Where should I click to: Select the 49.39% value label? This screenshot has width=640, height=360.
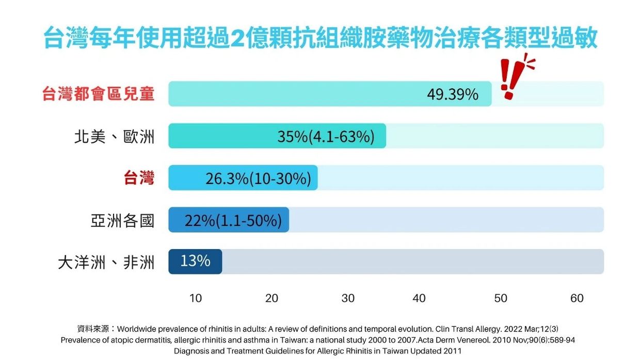pos(453,94)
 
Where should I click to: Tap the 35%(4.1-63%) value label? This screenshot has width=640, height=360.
pos(326,136)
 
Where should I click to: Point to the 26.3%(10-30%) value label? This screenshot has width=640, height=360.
pos(258,178)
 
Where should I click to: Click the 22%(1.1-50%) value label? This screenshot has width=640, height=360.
pos(233,220)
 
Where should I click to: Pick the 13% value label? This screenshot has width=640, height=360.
pos(195,261)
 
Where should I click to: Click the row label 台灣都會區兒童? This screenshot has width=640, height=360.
pos(98,94)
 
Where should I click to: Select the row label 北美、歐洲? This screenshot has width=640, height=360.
pos(114,137)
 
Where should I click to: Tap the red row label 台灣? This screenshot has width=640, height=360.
pos(139,178)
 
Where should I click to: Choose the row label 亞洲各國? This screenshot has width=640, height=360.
pos(122,221)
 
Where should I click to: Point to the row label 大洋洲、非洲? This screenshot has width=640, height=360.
pos(106,262)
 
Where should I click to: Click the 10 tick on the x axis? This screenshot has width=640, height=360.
pos(196,298)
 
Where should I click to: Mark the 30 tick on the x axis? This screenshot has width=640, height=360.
pos(348,298)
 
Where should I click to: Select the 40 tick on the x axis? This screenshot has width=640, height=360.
pos(419,298)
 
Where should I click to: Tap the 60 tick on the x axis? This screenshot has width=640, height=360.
pos(577,298)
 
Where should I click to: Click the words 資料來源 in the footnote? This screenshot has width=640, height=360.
pos(93,329)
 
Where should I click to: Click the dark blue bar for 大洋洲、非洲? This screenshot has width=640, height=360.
pos(195,261)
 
